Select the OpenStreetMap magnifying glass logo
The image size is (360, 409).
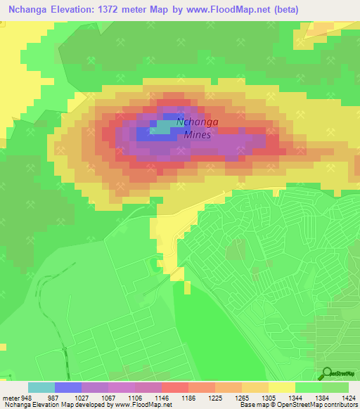(x=326, y=374)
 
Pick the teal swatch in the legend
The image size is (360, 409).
(x=41, y=387)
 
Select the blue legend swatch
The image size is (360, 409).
(x=68, y=387)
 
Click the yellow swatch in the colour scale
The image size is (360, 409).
(x=281, y=387)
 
